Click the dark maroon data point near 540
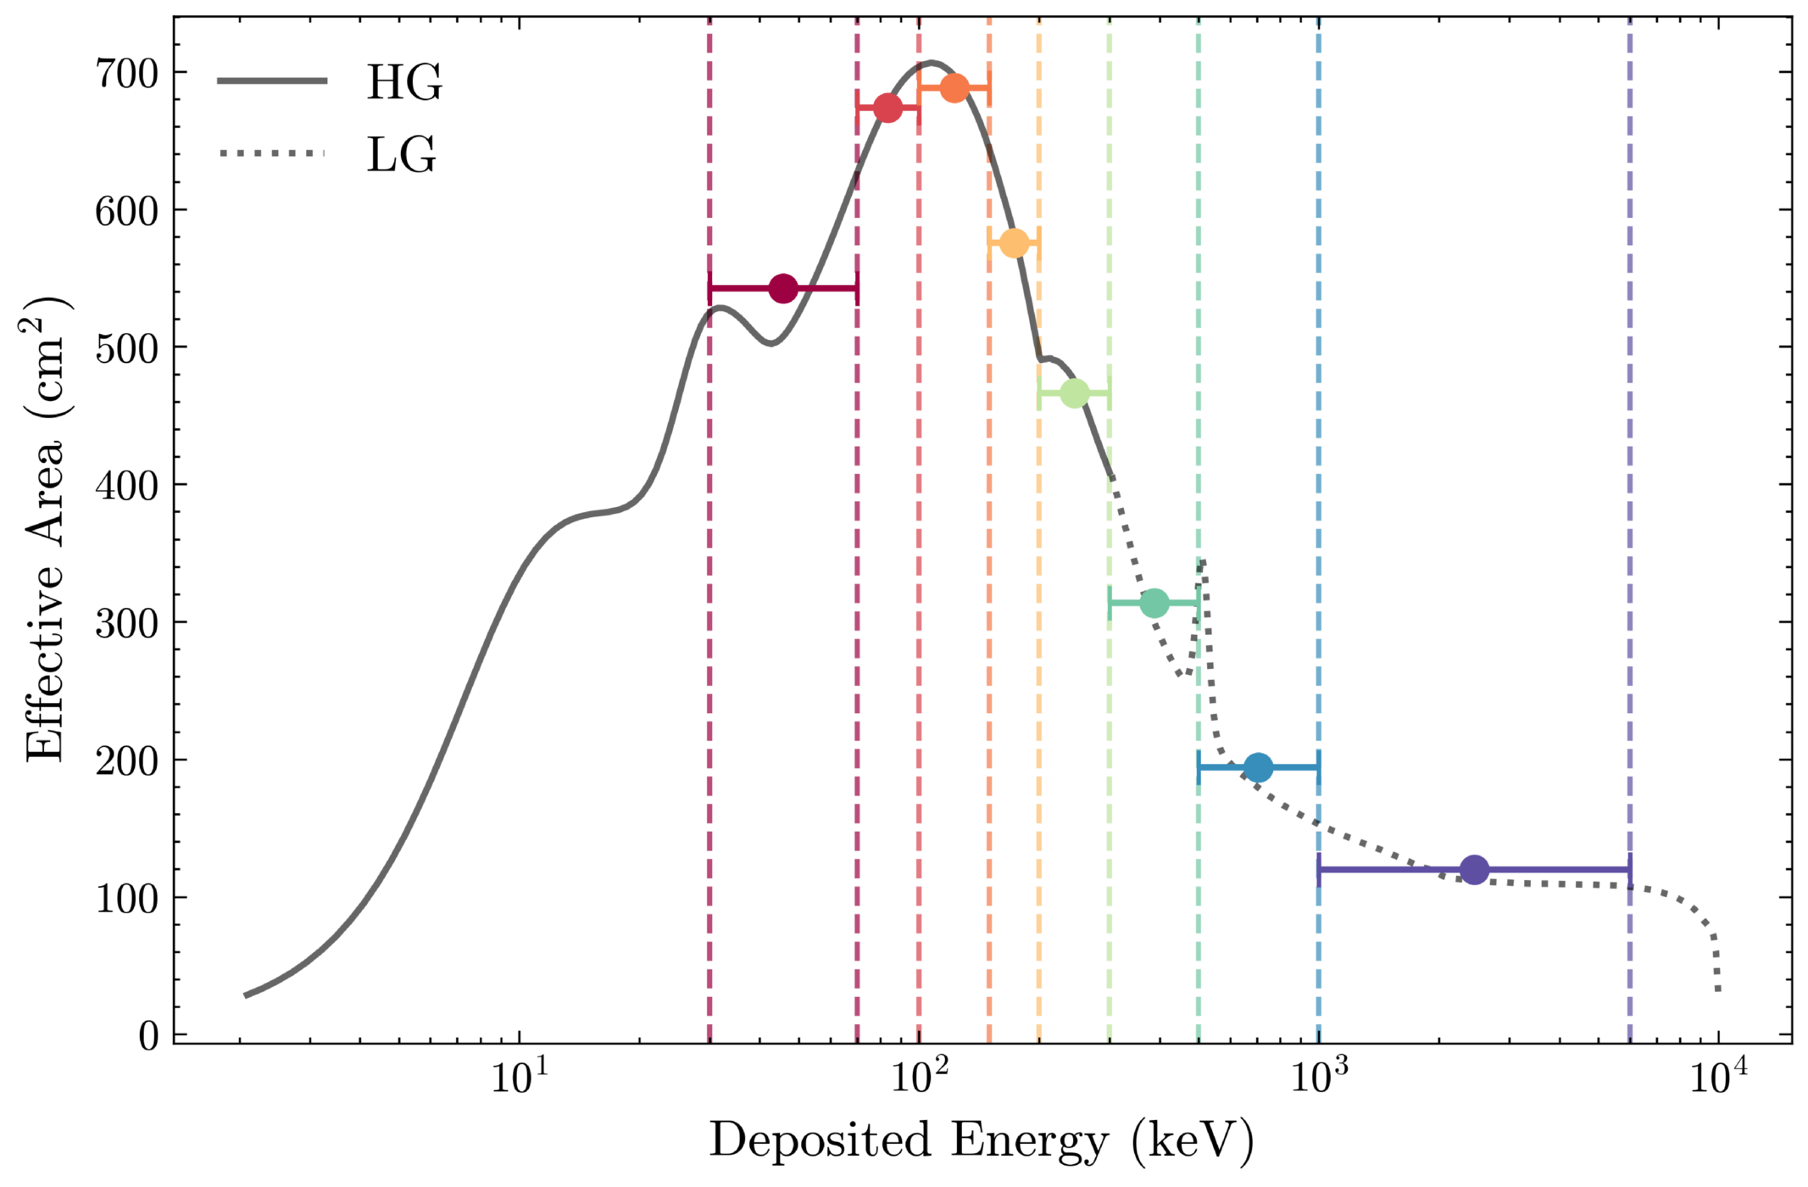(x=783, y=288)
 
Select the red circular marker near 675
(x=887, y=108)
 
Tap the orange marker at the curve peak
(x=954, y=87)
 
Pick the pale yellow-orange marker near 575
(x=1015, y=243)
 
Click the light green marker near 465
(x=1075, y=393)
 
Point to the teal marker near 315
(x=1154, y=604)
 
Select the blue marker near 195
(x=1259, y=768)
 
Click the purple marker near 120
(x=1475, y=870)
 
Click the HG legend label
(x=404, y=82)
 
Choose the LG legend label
(x=402, y=154)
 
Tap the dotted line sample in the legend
(x=272, y=153)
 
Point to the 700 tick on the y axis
(x=126, y=74)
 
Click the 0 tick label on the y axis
(x=148, y=1035)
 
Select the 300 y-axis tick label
(x=126, y=623)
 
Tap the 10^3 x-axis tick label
(x=1319, y=1079)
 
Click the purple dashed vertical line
(x=1630, y=530)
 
